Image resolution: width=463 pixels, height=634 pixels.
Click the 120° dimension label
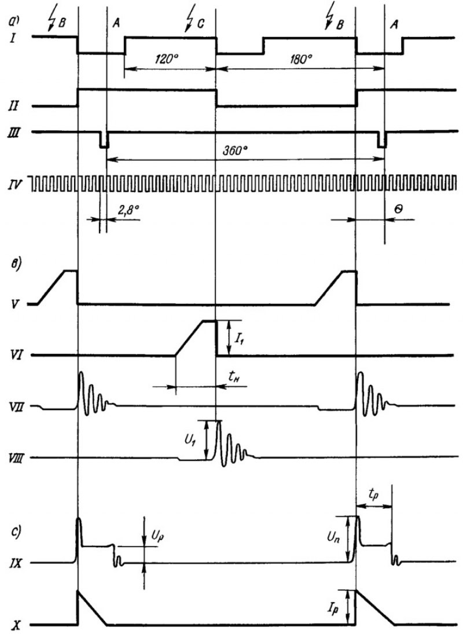click(x=167, y=59)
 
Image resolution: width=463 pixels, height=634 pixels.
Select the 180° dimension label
click(x=301, y=59)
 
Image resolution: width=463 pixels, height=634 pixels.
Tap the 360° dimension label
click(x=236, y=151)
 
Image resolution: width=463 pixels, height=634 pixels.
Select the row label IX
click(x=15, y=563)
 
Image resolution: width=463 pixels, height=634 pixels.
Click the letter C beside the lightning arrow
click(x=201, y=25)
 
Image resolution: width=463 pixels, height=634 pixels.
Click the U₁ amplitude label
click(x=190, y=440)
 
